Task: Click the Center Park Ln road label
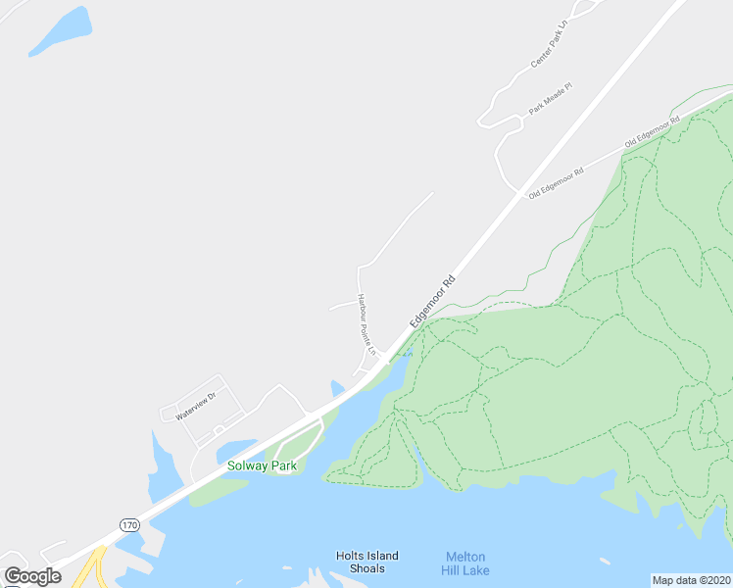550,45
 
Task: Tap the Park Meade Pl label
550,99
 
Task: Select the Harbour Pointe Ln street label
366,322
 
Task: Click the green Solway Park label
262,465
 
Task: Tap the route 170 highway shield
129,525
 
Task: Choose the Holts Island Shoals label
366,563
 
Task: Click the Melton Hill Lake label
466,563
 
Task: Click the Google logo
32,576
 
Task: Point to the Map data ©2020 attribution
691,580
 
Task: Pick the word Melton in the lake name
466,556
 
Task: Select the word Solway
247,465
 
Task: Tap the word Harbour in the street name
362,305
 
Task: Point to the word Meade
552,97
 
